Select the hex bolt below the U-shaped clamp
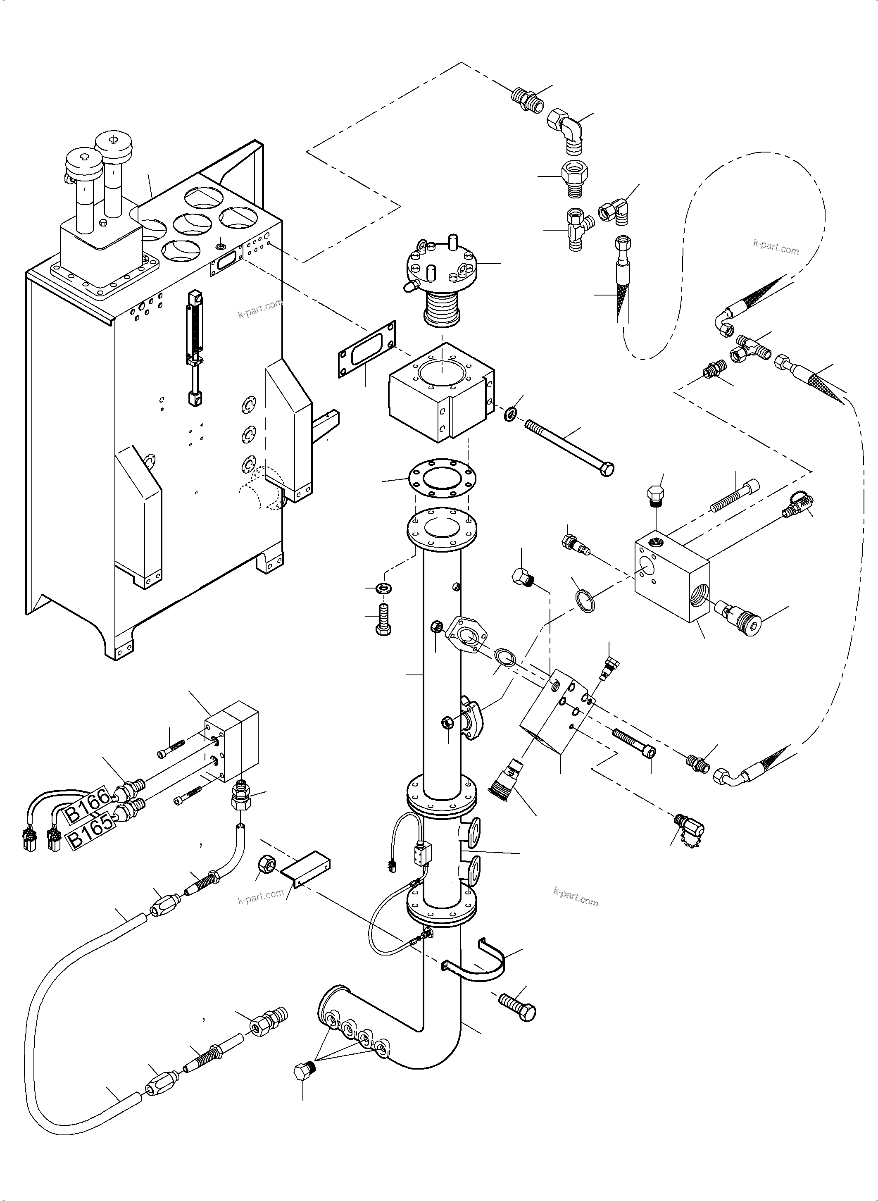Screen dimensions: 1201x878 pyautogui.click(x=518, y=1007)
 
